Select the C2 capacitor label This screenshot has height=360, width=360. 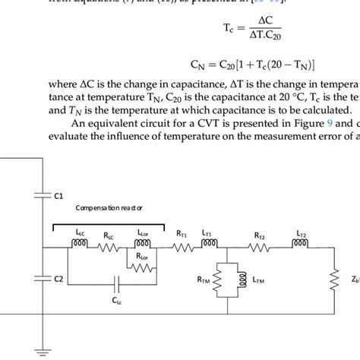58,279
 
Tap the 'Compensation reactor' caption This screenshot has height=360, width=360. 108,207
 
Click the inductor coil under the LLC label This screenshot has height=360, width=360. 81,245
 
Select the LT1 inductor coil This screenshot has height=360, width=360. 210,245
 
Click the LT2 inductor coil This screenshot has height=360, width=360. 298,245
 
